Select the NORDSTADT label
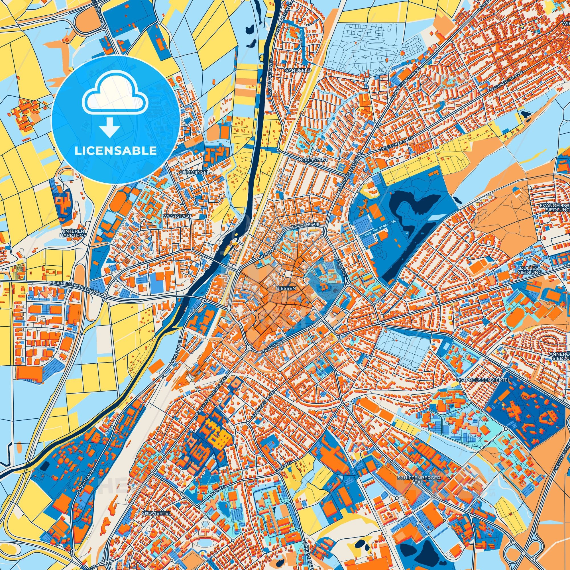tap(309, 159)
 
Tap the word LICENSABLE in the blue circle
tap(115, 151)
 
